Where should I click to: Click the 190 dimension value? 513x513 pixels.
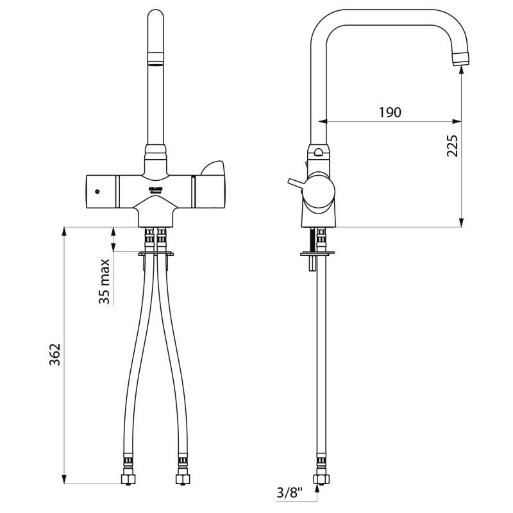coord(389,113)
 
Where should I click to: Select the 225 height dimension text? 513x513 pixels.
coord(453,146)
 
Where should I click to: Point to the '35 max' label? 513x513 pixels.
coord(105,280)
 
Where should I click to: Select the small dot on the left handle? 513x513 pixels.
coord(97,192)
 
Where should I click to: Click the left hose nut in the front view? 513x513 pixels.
coord(128,478)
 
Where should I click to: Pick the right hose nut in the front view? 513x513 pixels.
coord(182,478)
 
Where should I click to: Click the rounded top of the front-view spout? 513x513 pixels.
coord(156,16)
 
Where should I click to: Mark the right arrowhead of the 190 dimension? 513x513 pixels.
coord(457,121)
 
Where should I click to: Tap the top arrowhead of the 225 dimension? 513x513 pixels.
coord(462,71)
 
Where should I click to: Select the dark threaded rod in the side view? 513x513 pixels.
coord(313,240)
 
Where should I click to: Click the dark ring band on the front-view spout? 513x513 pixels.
coord(156,62)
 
